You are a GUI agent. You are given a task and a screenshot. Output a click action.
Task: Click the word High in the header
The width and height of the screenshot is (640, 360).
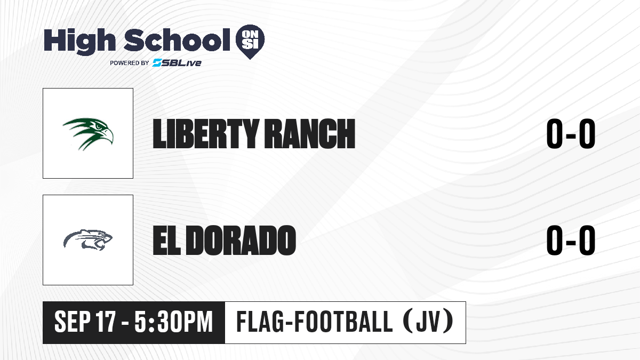[79, 42]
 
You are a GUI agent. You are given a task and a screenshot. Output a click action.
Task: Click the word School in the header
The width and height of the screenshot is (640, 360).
[177, 39]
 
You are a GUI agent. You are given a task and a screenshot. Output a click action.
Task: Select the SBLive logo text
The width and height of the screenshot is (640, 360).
[177, 63]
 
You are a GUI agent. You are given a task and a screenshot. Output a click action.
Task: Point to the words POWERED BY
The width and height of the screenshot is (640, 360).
[130, 63]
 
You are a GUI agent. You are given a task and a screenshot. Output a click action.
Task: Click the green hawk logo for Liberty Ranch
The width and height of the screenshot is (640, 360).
[88, 134]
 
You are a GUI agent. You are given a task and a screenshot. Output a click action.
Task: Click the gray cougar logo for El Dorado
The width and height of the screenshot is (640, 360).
[88, 240]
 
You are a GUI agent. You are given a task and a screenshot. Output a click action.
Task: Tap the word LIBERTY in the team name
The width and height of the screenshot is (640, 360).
[205, 134]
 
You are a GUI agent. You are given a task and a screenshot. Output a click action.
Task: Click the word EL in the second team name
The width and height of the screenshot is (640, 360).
[166, 240]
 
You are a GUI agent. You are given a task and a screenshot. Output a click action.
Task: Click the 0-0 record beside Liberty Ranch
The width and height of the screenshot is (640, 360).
[571, 134]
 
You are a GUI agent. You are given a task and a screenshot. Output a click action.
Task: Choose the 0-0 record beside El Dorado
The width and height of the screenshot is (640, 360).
[571, 240]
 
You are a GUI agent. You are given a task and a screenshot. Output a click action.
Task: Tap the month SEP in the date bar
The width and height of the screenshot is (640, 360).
[73, 322]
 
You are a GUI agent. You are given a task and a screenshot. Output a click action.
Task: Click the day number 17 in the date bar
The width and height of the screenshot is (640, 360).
[106, 322]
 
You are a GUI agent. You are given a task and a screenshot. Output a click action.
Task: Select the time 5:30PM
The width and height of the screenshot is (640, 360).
[174, 322]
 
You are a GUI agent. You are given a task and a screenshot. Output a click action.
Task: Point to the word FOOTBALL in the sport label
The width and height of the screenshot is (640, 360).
[343, 322]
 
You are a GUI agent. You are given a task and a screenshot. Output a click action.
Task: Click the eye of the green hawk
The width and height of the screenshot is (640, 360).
[99, 126]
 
